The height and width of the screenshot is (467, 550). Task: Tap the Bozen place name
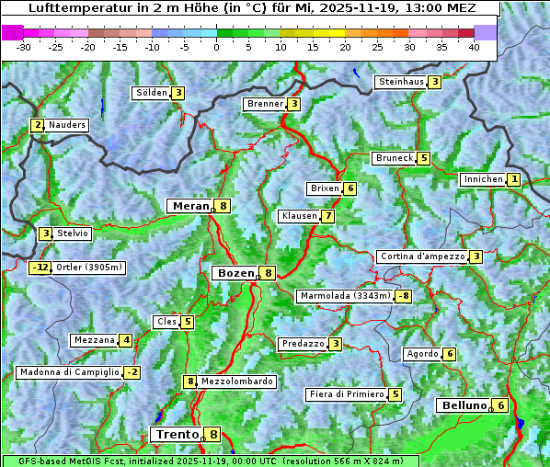tap(235, 273)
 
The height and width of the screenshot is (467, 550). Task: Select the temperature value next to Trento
tap(213, 435)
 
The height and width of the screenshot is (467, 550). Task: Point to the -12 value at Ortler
tap(40, 268)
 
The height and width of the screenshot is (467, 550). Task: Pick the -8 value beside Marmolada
tap(403, 296)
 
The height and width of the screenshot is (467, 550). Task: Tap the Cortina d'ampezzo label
tap(421, 256)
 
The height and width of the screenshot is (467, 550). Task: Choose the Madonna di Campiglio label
tap(69, 372)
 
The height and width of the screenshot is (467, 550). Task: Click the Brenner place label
tap(265, 104)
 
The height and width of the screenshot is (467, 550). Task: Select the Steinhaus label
tap(401, 82)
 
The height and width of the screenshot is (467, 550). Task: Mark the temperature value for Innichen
tap(514, 179)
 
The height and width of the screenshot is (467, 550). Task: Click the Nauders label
tap(67, 125)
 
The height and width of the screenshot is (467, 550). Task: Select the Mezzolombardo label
tap(236, 382)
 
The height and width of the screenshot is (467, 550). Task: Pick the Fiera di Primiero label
tap(346, 394)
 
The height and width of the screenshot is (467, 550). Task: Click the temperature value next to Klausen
tap(327, 216)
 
